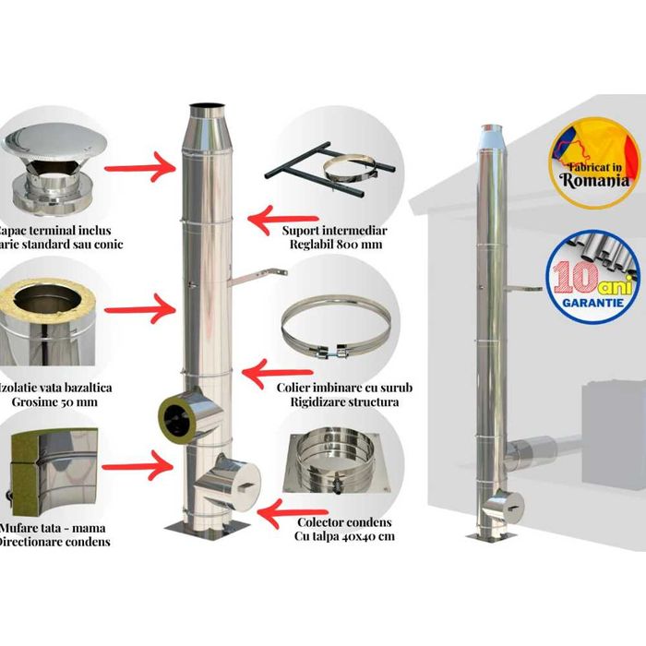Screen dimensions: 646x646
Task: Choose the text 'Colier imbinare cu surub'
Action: pos(344,388)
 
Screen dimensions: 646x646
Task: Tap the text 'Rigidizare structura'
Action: pos(343,402)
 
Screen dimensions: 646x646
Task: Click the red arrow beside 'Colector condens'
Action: pos(287,508)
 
